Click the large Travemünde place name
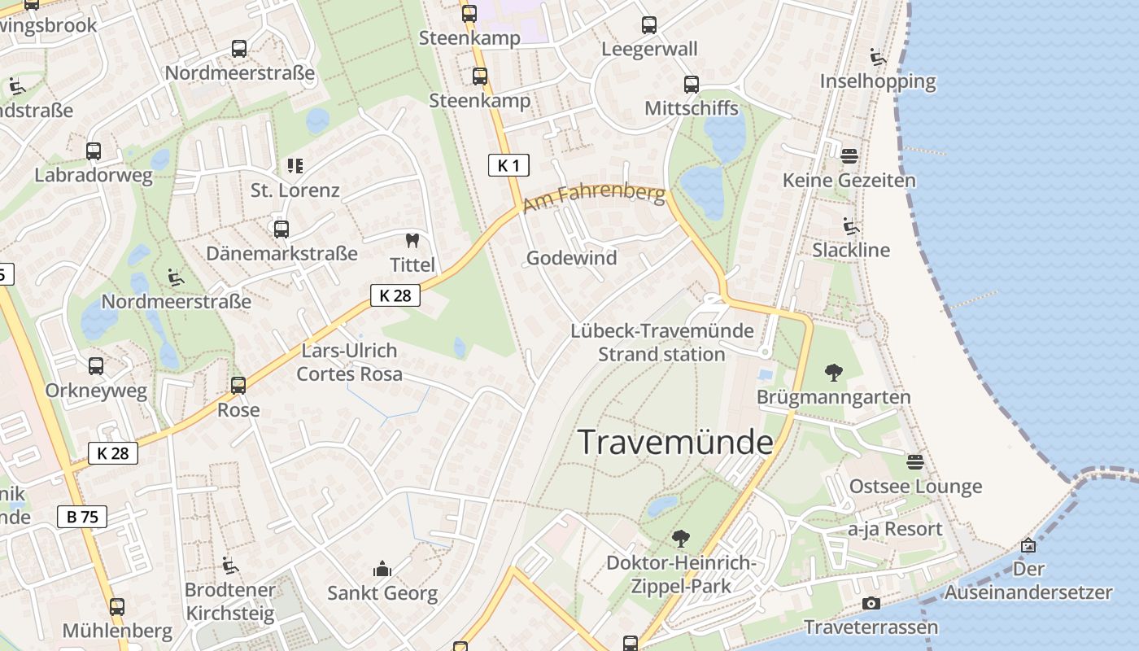pyautogui.click(x=675, y=442)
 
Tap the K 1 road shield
pyautogui.click(x=508, y=166)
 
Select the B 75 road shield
pyautogui.click(x=82, y=516)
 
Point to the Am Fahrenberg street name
pyautogui.click(x=594, y=198)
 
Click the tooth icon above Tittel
pyautogui.click(x=412, y=241)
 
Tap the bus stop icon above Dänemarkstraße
pyautogui.click(x=281, y=229)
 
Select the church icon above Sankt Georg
pyautogui.click(x=382, y=569)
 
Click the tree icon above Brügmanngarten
pyautogui.click(x=833, y=373)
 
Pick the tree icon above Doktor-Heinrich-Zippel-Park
pyautogui.click(x=680, y=538)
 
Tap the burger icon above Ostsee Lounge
pyautogui.click(x=915, y=462)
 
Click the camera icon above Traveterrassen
pyautogui.click(x=871, y=603)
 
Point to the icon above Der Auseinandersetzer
pyautogui.click(x=1028, y=545)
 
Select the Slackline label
pyautogui.click(x=851, y=250)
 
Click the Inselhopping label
pyautogui.click(x=878, y=81)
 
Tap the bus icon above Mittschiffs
pyautogui.click(x=691, y=84)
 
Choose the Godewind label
pyautogui.click(x=571, y=258)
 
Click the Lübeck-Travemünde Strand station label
pyautogui.click(x=661, y=343)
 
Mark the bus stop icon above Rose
pyautogui.click(x=238, y=385)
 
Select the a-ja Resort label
pyautogui.click(x=895, y=529)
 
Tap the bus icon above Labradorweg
pyautogui.click(x=94, y=151)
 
